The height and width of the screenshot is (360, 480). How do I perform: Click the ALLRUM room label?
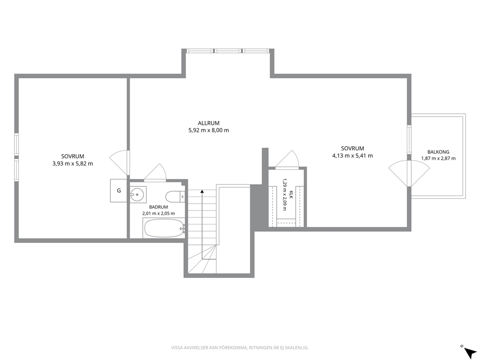tap(209, 123)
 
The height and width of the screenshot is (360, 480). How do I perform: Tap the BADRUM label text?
tap(158, 207)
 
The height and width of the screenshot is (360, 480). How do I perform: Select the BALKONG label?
tap(438, 152)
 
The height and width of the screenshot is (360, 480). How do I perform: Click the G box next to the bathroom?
tap(119, 191)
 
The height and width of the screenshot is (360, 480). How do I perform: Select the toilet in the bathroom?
tap(175, 196)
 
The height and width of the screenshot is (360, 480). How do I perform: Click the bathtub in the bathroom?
tap(164, 228)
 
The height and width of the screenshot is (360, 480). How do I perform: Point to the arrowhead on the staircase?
tap(202, 192)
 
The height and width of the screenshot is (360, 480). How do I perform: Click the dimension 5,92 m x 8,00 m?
tap(209, 130)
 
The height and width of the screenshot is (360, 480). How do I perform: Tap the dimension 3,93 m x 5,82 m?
tap(73, 164)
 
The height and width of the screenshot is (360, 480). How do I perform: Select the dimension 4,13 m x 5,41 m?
tap(352, 155)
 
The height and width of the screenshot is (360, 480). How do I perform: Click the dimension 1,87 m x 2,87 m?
tap(438, 158)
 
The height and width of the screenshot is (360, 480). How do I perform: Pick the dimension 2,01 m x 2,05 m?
tap(158, 213)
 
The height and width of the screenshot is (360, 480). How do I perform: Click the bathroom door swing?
tap(155, 172)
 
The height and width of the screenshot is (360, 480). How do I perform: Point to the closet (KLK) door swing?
tap(287, 159)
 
